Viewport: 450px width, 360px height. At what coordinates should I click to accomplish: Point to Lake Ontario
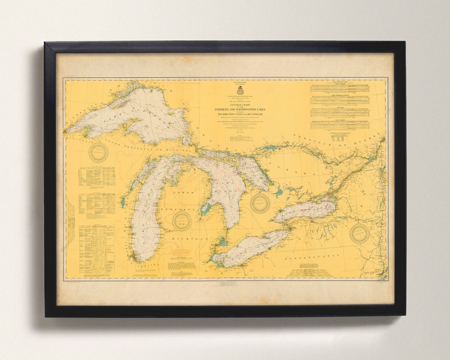click(306, 211)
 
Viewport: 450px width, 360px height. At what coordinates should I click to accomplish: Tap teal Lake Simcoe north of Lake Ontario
click(278, 192)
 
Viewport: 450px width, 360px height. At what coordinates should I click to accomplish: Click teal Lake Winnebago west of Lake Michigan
click(122, 202)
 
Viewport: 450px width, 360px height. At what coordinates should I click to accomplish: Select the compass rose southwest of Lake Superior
click(99, 152)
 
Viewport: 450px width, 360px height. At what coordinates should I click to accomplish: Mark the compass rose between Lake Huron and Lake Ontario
click(260, 203)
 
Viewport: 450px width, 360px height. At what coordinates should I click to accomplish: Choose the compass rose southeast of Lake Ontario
click(359, 232)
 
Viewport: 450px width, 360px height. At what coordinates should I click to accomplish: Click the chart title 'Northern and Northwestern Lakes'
click(240, 108)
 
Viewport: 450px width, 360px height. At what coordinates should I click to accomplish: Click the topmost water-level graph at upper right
click(339, 88)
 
